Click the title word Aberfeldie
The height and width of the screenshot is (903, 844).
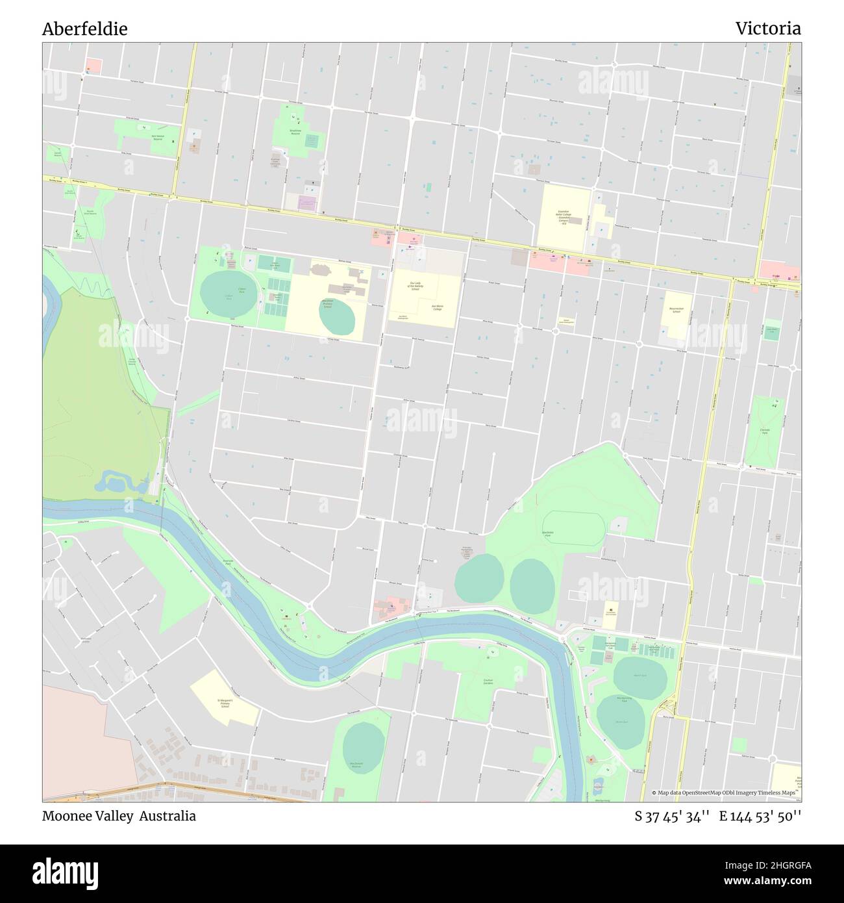84,29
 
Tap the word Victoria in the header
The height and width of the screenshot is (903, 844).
767,29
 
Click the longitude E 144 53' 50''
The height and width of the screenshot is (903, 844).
760,816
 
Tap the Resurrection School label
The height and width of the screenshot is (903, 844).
676,311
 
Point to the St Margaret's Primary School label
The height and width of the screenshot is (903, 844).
225,703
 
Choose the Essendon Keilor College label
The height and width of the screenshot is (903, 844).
563,216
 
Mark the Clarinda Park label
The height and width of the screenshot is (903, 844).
764,430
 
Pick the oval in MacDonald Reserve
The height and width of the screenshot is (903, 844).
364,748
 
